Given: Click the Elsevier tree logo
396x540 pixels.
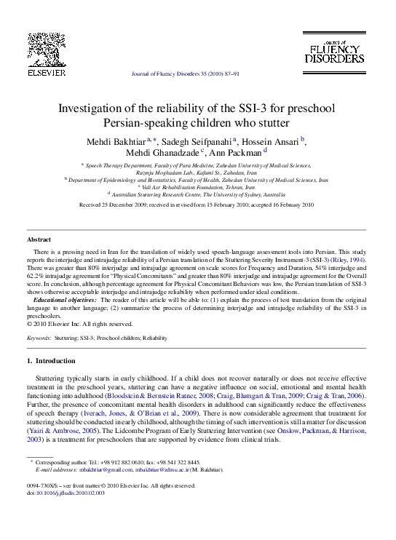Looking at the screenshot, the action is tap(47, 49).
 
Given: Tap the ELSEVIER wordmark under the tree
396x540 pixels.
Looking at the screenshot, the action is tap(47, 72).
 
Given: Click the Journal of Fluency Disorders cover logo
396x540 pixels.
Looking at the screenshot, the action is tap(333, 51).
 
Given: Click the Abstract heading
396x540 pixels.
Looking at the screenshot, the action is tap(39, 239).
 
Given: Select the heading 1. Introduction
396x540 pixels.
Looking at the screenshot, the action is tap(55, 361).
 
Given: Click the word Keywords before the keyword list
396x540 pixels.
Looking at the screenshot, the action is tap(38, 338).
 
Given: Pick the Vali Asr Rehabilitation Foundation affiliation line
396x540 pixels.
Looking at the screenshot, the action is tap(198, 186).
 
